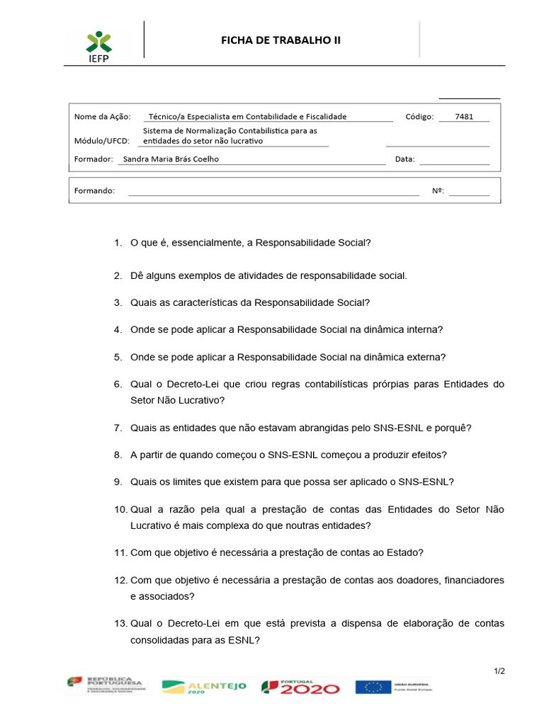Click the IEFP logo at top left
pos(99,45)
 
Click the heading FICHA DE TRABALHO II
pos(280,40)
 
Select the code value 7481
pos(465,117)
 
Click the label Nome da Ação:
pos(103,117)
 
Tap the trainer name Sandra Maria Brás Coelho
pos(171,159)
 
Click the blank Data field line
pos(454,161)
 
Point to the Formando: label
pos(94,190)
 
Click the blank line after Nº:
pos(468,191)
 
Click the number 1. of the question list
pos(118,243)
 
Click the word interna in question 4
pos(424,329)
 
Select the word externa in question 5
pos(426,357)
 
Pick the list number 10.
pos(120,510)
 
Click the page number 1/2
pos(499,671)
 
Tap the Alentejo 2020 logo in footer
pos(204,686)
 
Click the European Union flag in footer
pos(373,686)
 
